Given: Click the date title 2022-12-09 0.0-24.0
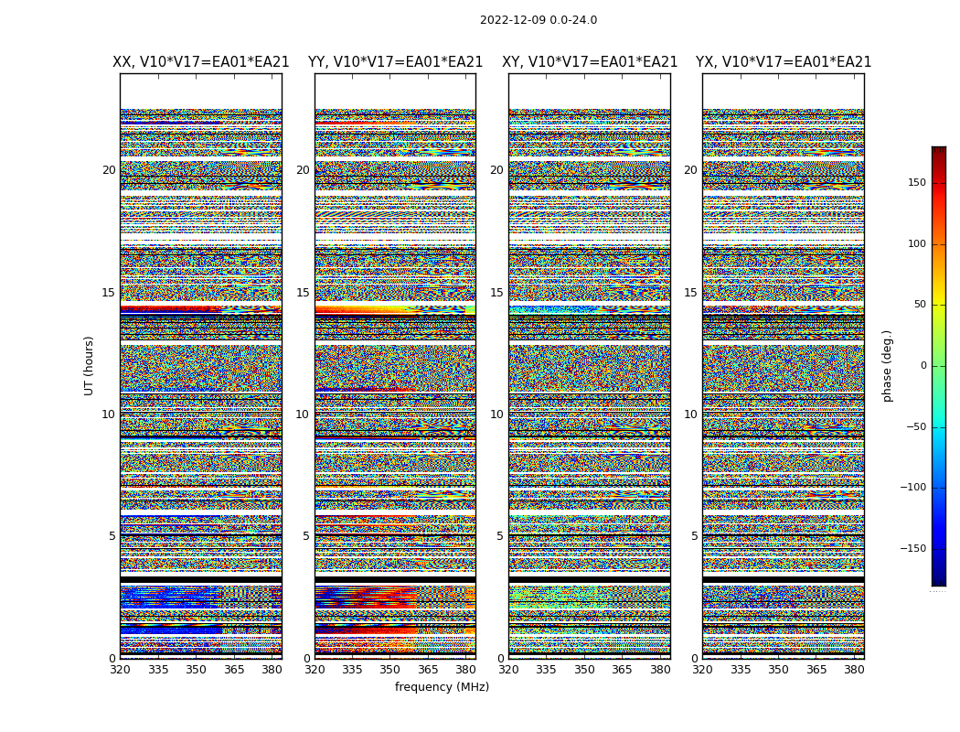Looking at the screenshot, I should (539, 20).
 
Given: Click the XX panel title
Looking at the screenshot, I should (201, 62).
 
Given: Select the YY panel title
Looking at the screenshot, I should (395, 62).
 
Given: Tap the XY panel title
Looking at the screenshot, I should (590, 62).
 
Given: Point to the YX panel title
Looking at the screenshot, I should (784, 62).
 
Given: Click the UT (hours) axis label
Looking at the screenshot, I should (90, 365).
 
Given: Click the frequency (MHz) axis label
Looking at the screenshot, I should (442, 687).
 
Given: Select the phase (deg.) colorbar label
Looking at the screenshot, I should (887, 366).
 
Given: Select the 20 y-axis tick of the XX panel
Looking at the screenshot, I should (109, 170).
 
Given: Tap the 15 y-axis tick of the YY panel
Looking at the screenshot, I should (303, 293).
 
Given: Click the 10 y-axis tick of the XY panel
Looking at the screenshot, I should (496, 414).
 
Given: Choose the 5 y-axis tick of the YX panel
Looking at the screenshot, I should (694, 536).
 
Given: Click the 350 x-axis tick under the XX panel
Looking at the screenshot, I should (196, 670).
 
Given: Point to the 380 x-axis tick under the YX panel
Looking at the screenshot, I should (854, 670).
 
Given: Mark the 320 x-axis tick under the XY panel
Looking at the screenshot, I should (509, 670).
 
